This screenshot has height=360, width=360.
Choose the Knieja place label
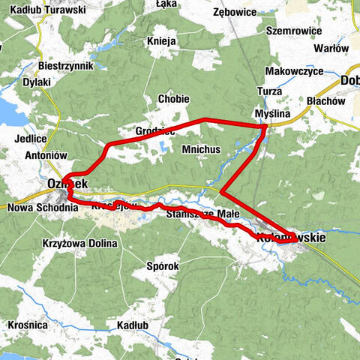click(162, 40)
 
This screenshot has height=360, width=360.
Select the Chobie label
click(172, 98)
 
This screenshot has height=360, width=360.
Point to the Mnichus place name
click(201, 149)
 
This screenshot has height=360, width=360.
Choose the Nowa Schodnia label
click(42, 207)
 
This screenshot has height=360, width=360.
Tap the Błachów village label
click(325, 100)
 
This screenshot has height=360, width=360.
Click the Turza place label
click(268, 91)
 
